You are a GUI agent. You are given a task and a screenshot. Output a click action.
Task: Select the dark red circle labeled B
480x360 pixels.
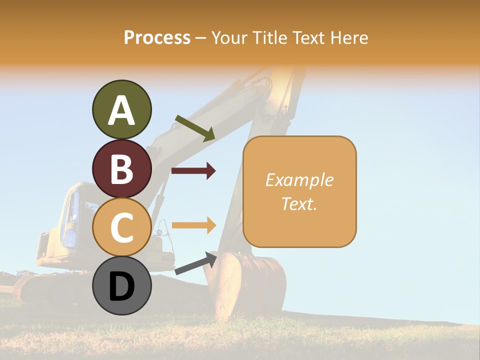point(121,169)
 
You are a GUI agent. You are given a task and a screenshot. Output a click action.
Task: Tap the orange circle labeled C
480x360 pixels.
point(121,227)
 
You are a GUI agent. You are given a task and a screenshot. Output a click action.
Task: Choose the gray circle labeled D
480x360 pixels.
point(121,286)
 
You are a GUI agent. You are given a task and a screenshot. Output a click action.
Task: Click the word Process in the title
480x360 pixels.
point(157,38)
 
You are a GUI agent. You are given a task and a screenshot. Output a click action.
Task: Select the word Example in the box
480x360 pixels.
point(299,180)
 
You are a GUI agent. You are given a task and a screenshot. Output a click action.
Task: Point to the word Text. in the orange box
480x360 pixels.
point(299,204)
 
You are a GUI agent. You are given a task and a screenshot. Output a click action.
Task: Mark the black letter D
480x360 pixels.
point(121,287)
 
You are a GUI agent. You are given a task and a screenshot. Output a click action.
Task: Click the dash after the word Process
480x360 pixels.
point(201,38)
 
